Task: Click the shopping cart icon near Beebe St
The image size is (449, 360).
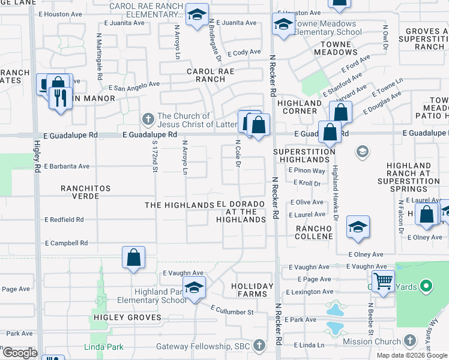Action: (383, 281)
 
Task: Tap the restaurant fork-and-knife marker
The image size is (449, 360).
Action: (60, 98)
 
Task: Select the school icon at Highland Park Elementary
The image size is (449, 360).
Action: (194, 289)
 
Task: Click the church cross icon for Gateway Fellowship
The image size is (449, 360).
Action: (259, 346)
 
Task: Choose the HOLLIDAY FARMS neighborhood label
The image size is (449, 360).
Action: (252, 290)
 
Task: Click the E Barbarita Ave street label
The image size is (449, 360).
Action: (67, 166)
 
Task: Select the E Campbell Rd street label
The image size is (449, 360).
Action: (67, 243)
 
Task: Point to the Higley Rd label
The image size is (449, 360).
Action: (37, 157)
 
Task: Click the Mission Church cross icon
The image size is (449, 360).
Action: (408, 341)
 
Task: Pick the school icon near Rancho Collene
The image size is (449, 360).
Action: (358, 227)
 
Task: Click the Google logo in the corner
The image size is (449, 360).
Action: (20, 353)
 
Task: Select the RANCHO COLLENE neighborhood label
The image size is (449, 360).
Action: (314, 232)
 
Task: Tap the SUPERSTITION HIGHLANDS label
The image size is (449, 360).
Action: (304, 155)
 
